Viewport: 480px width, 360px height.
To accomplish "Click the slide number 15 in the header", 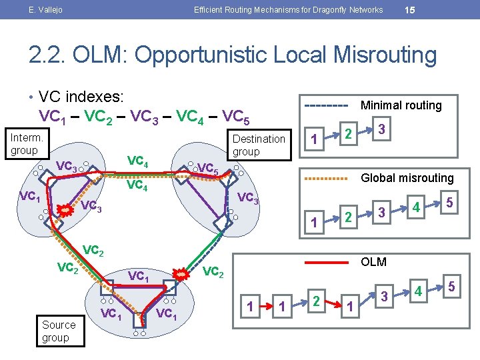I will tap(411, 9).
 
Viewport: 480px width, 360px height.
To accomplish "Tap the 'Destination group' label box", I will tap(258, 145).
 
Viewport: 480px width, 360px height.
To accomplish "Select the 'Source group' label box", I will tap(59, 331).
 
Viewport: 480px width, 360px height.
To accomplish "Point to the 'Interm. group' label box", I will tap(27, 143).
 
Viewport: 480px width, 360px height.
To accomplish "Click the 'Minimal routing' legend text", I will tap(401, 105).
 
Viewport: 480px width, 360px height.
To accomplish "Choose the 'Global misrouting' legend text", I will tap(407, 178).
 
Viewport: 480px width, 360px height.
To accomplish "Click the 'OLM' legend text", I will tap(373, 261).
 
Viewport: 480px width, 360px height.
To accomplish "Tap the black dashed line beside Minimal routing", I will tap(326, 106).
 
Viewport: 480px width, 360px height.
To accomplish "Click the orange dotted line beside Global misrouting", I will tap(326, 179).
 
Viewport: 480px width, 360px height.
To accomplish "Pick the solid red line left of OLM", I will tap(326, 262).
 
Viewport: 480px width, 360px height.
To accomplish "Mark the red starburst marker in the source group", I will tap(181, 274).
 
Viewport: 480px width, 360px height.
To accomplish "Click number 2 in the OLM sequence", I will tap(316, 299).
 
